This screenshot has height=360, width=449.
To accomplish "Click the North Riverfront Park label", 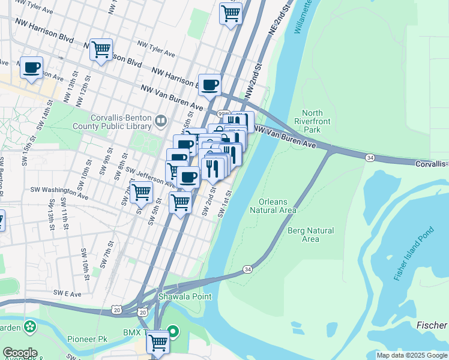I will [x=312, y=121].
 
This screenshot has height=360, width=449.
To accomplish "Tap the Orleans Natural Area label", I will [x=273, y=206].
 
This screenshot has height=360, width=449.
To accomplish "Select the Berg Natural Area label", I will [x=310, y=235].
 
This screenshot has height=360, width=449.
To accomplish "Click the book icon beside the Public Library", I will [x=160, y=122].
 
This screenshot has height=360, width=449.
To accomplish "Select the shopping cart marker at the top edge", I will [x=231, y=12].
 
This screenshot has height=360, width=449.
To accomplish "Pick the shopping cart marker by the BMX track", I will [x=157, y=341].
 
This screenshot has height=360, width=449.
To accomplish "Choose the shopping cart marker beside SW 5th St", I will [x=140, y=192].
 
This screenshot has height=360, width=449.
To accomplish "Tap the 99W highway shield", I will [x=223, y=113].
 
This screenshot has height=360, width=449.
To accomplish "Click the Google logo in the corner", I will [x=20, y=353].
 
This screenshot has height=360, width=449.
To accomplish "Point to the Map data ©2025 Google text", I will [x=412, y=355].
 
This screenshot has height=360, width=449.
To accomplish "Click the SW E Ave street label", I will [x=67, y=293].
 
